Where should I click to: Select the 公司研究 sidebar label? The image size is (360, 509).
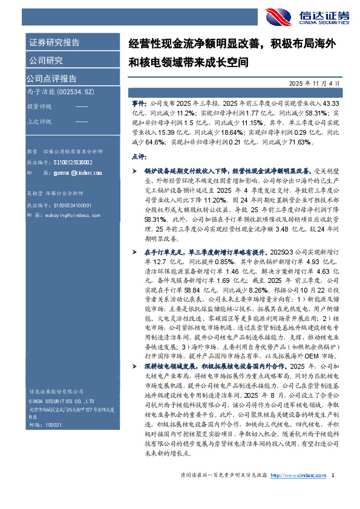click(x=45, y=60)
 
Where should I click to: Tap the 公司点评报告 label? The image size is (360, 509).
click(x=51, y=78)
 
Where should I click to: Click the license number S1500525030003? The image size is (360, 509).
click(x=71, y=162)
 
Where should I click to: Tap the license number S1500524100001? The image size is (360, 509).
click(x=71, y=206)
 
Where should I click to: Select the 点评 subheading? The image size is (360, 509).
click(x=138, y=156)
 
